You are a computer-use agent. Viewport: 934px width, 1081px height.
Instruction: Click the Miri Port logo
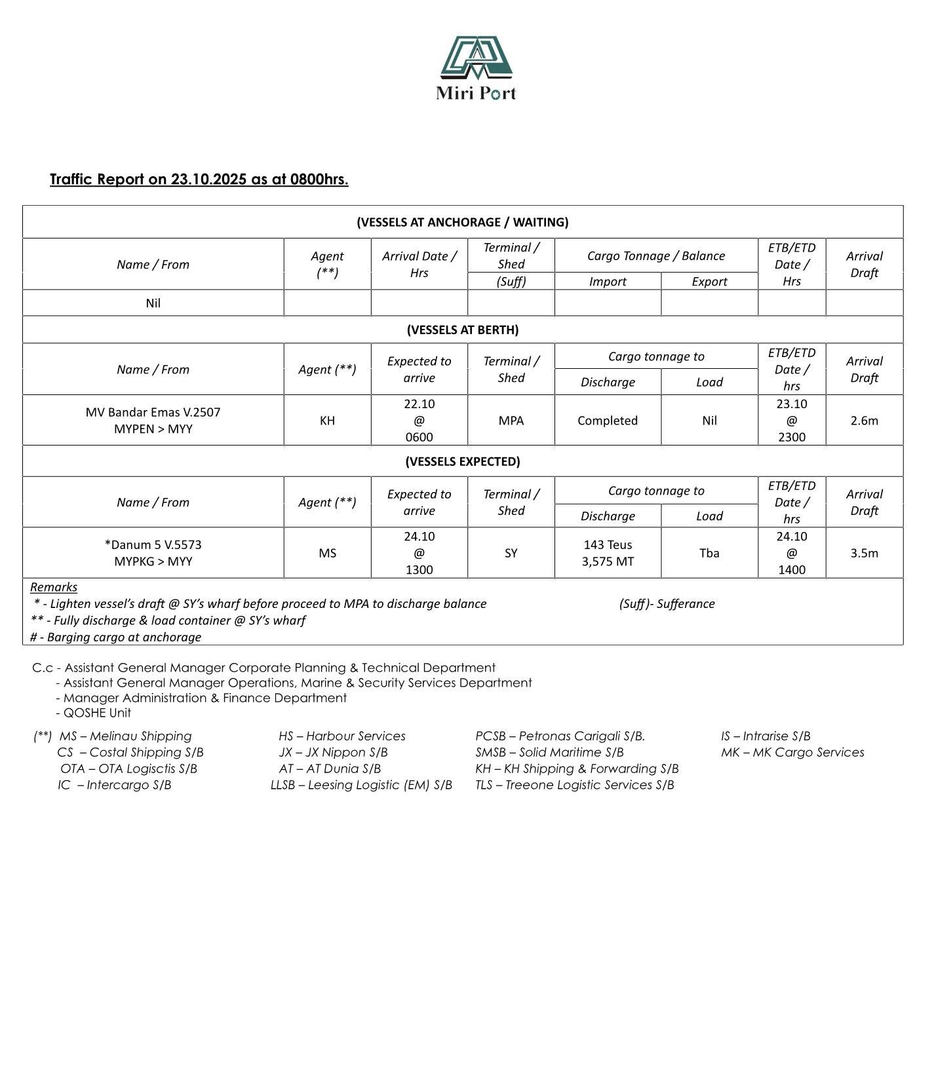476,68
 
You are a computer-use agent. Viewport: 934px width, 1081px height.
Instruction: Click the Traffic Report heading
199,180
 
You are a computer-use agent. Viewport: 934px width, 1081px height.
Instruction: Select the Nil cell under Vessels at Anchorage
153,303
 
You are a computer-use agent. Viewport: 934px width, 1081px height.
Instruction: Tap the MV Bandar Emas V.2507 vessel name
153,412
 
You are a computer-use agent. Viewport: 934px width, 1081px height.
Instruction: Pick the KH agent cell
327,421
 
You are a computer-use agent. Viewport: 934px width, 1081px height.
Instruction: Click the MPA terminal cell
511,421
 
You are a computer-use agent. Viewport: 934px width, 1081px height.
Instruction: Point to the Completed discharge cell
607,421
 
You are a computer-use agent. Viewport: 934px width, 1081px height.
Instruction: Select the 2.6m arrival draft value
864,421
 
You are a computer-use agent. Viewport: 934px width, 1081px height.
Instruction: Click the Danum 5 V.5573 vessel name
153,545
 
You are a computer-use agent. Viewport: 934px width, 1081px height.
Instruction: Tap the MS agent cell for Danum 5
327,553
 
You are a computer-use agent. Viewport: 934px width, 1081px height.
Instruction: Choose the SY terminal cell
511,553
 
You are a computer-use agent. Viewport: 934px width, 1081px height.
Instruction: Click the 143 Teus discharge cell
607,545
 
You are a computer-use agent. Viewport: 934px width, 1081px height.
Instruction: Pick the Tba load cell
709,553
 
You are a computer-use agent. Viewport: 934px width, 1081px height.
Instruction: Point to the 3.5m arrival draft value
864,553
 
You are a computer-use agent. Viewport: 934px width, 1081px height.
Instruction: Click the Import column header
607,282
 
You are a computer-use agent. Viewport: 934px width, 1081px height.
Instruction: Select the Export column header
709,282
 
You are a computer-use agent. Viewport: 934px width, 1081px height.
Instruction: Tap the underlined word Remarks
54,587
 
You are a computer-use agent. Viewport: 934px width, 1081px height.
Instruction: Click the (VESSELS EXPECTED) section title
462,461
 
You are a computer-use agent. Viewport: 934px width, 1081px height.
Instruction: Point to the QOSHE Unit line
96,713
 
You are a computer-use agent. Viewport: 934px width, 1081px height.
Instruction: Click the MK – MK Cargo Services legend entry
792,752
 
